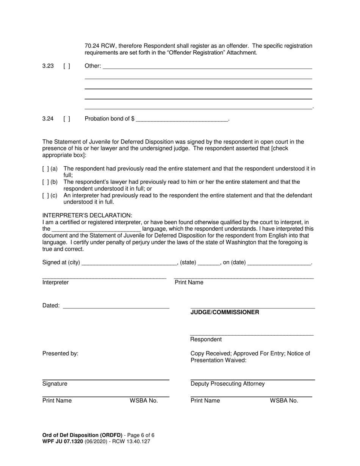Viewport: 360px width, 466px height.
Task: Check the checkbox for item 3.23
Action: point(67,66)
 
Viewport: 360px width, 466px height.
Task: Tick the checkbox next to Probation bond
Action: point(67,119)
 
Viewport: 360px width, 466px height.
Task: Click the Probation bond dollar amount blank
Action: point(182,119)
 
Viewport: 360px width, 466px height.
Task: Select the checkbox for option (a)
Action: point(45,169)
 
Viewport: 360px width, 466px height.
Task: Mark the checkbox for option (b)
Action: point(45,182)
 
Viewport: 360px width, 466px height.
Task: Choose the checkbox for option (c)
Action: point(45,195)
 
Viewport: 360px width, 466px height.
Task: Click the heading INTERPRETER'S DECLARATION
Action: point(87,215)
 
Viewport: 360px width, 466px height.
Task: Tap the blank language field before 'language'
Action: point(96,229)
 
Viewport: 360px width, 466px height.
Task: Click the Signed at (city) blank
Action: point(129,263)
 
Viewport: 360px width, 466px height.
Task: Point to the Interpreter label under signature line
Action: point(55,282)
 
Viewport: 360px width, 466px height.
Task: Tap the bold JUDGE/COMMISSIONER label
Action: point(225,312)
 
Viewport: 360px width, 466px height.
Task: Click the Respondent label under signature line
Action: point(206,339)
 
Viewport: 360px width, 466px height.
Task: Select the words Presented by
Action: point(60,353)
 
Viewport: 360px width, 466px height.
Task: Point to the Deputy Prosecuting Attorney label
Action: point(227,384)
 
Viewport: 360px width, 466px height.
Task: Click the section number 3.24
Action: point(48,119)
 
